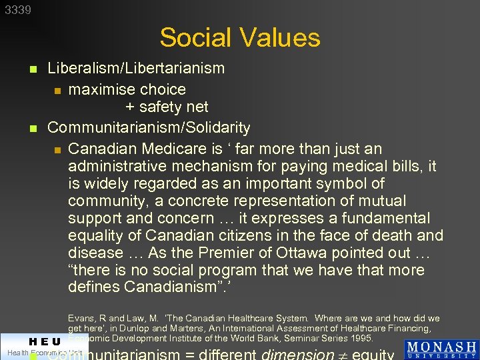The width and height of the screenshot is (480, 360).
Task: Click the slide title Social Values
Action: pos(240,37)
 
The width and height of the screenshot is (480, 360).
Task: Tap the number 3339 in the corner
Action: pos(18,10)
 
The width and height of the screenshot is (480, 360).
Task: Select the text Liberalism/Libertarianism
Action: pos(136,68)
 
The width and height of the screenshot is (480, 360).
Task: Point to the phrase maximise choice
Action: pos(127,89)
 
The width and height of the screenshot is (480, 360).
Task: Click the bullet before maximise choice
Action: pos(58,90)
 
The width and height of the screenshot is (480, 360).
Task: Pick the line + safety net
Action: pos(167,107)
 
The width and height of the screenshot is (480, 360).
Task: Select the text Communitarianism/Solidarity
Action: pos(149,127)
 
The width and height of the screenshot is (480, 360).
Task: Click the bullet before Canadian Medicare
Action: pos(58,149)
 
